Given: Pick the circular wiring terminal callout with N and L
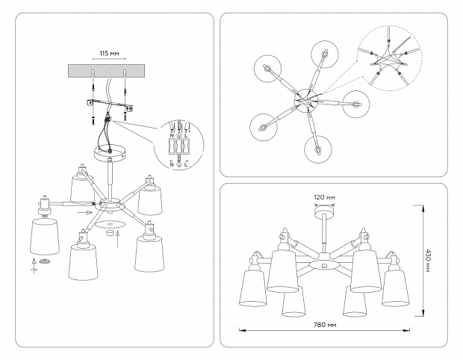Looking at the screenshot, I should pos(179,143).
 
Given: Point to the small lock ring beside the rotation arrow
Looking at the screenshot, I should pos(46,261).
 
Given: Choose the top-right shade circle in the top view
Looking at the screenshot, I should pos(324,54).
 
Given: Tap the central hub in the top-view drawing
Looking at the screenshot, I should pos(305,99).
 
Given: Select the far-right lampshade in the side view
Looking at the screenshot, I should pos(396,288).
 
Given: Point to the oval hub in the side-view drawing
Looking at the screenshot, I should pos(323,264).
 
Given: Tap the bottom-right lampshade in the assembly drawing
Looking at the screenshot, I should pos(150,252).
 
